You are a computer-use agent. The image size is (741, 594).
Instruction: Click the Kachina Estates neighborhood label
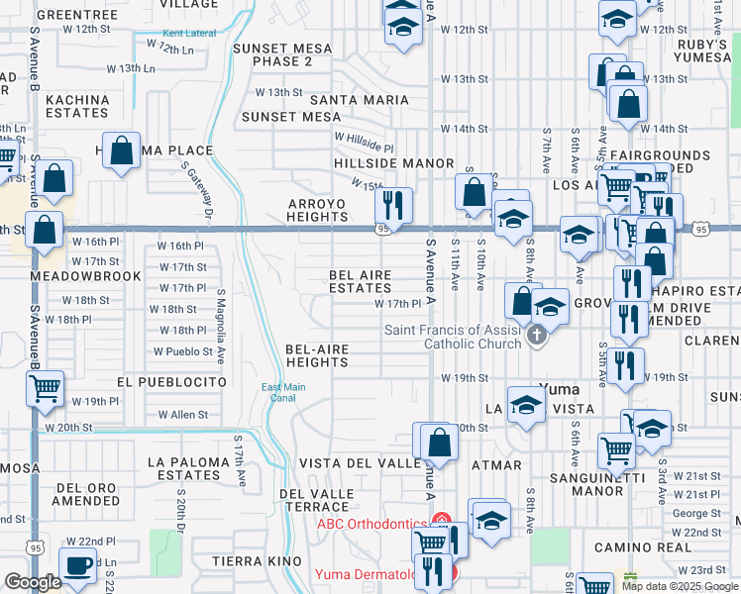coord(76,106)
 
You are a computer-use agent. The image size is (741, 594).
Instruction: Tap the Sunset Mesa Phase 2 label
coord(281,54)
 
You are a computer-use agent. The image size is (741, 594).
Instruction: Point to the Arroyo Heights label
coord(317,210)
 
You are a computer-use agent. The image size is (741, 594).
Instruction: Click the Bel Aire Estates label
coord(361,281)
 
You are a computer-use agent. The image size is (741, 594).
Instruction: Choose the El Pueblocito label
coord(171,381)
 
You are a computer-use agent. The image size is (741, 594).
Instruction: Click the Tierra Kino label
coord(257,561)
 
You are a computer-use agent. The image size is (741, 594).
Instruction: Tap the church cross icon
coord(537,336)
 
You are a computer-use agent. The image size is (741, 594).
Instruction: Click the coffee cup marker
coord(77,566)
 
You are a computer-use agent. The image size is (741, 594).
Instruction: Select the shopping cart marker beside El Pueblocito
coord(46,389)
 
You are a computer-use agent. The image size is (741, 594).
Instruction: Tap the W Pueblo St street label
coord(183,351)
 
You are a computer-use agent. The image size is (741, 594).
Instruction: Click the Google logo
coord(33,582)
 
